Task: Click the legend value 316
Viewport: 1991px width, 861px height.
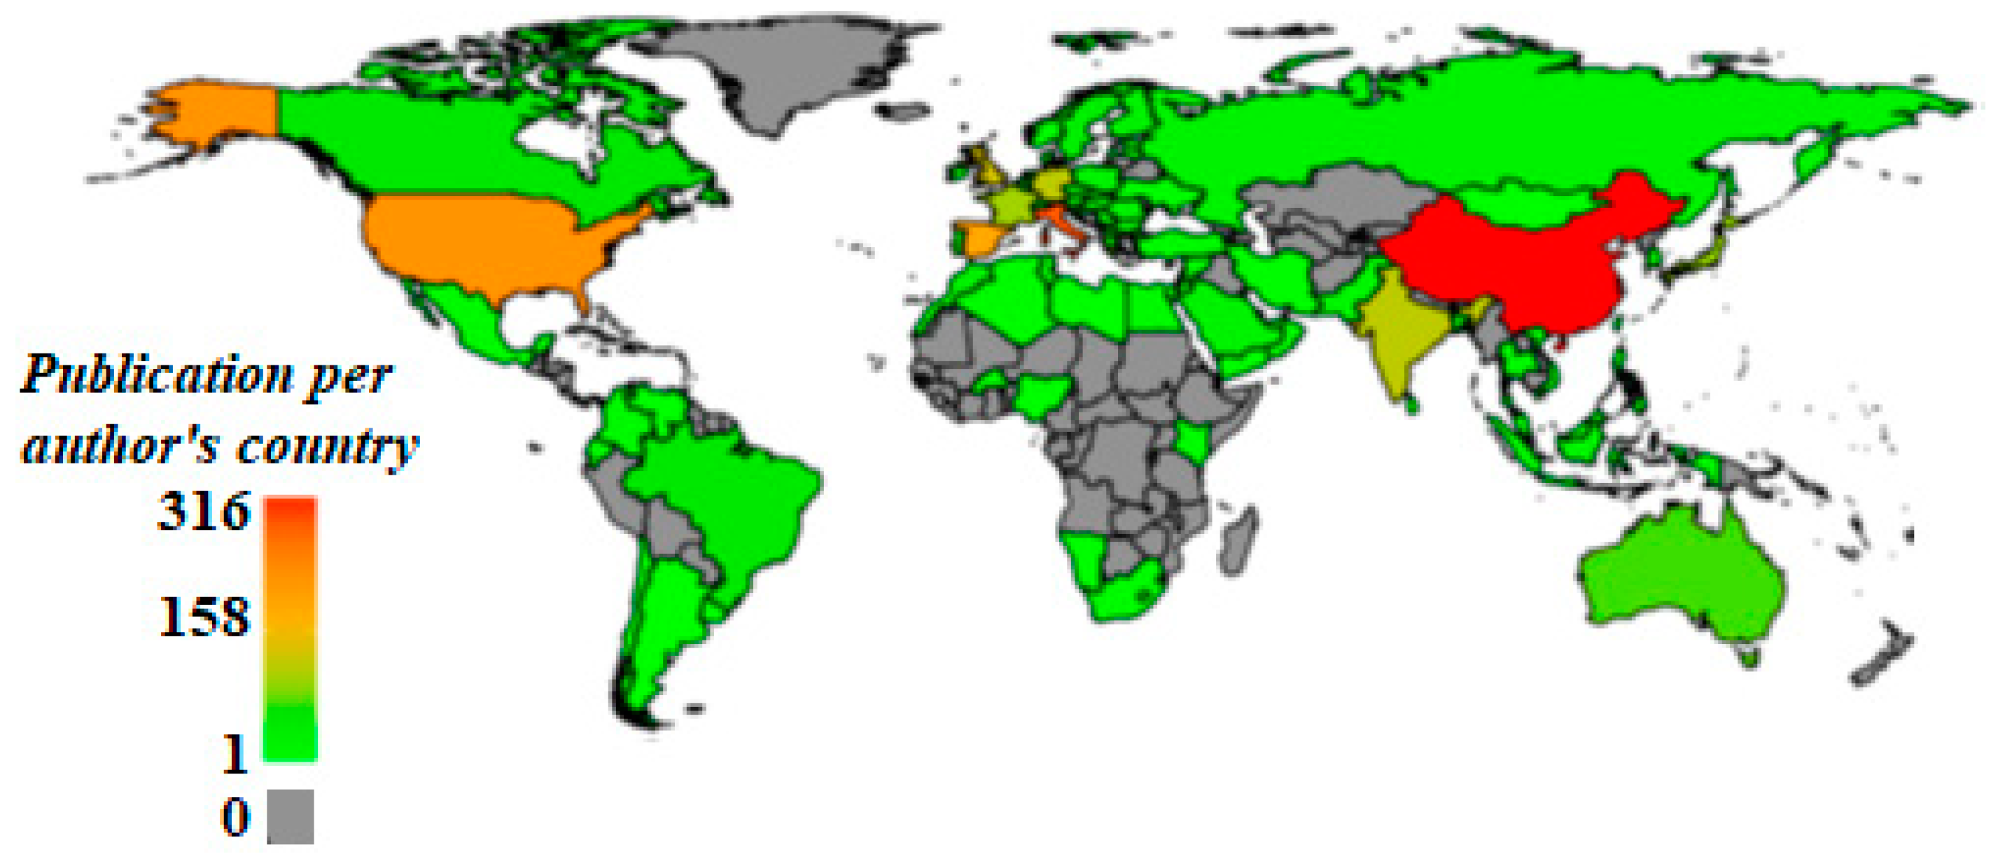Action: (204, 512)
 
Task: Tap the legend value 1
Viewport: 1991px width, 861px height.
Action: (235, 754)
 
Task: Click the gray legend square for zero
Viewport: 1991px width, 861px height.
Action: (291, 816)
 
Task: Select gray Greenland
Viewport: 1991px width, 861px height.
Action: (773, 69)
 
